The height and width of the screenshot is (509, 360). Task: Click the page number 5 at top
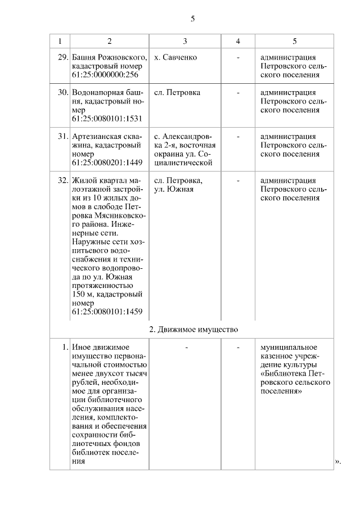click(192, 19)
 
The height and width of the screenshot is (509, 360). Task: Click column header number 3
click(185, 42)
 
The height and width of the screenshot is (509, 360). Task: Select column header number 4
click(238, 42)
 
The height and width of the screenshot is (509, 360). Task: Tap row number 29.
click(63, 57)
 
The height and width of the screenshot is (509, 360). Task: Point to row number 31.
click(63, 137)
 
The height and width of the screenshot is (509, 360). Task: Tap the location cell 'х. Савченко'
click(175, 57)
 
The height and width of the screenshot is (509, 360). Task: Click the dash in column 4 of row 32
click(238, 181)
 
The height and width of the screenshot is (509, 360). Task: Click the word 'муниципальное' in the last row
click(289, 347)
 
